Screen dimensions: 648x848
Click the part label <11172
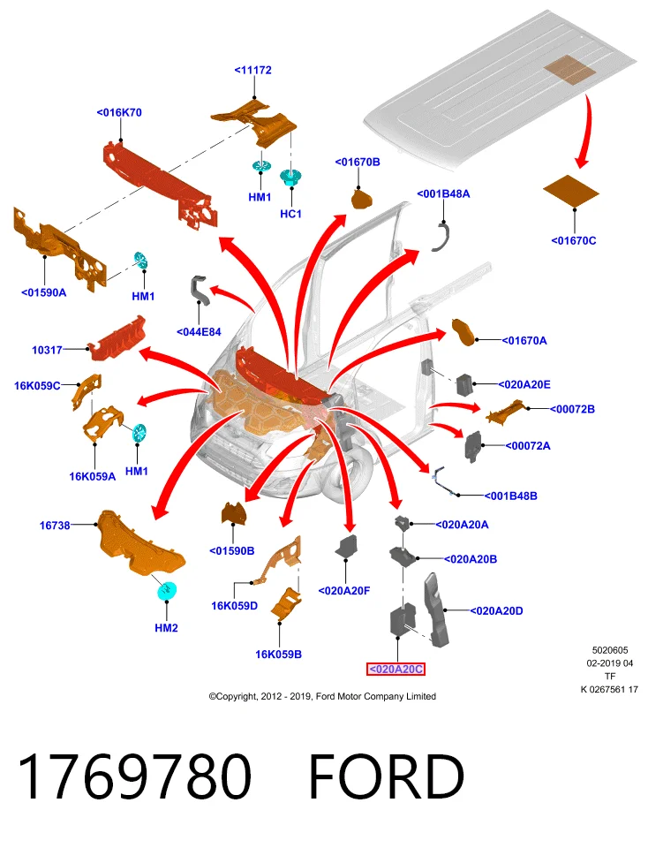click(x=252, y=71)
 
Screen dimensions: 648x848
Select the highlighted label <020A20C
click(x=396, y=670)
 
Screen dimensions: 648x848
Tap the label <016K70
click(x=119, y=112)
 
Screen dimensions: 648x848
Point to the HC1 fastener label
click(x=290, y=214)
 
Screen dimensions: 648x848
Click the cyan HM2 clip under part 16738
click(x=167, y=591)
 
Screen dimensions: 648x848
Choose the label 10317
click(x=47, y=350)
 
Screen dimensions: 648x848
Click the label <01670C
click(x=574, y=240)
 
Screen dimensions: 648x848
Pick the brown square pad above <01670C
click(x=571, y=191)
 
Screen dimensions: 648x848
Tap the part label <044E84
click(x=199, y=332)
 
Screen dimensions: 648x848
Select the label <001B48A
click(x=443, y=193)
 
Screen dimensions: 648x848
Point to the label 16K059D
click(x=234, y=606)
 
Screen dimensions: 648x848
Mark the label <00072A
click(x=527, y=445)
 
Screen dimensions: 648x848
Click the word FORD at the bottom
click(x=387, y=776)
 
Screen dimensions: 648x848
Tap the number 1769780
click(x=135, y=776)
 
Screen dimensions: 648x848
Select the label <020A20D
click(x=496, y=610)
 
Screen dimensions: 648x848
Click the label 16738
click(x=55, y=525)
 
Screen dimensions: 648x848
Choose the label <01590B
click(x=232, y=551)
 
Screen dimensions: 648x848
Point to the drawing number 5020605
click(x=610, y=651)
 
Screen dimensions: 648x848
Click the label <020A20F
click(x=344, y=591)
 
